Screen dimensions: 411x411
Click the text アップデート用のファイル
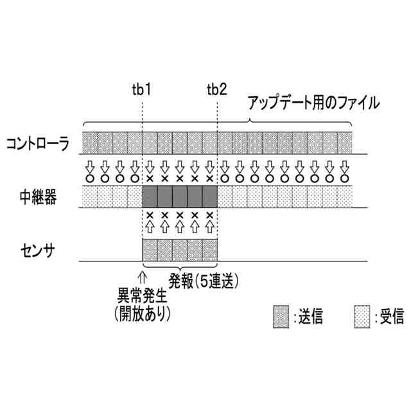click(314, 102)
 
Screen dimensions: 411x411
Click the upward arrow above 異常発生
click(142, 278)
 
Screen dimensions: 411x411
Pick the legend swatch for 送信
click(280, 316)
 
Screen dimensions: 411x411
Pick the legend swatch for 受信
click(362, 316)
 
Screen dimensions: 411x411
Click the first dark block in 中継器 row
click(149, 197)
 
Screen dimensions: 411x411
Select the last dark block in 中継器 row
click(209, 197)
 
